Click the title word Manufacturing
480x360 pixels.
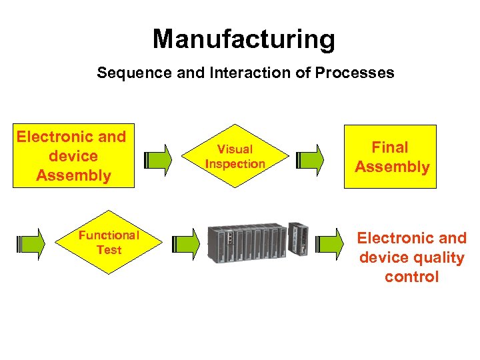(243, 39)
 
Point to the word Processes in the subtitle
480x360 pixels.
(359, 73)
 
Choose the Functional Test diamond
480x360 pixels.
(109, 242)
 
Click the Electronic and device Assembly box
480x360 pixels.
(72, 156)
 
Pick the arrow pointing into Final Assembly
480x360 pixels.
(311, 159)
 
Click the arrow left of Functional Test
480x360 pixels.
(31, 243)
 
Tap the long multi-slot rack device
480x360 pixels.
(246, 243)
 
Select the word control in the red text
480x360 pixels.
(411, 277)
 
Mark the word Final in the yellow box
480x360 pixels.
(390, 147)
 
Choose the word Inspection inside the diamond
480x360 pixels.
(235, 164)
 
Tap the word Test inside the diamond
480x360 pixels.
(109, 250)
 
